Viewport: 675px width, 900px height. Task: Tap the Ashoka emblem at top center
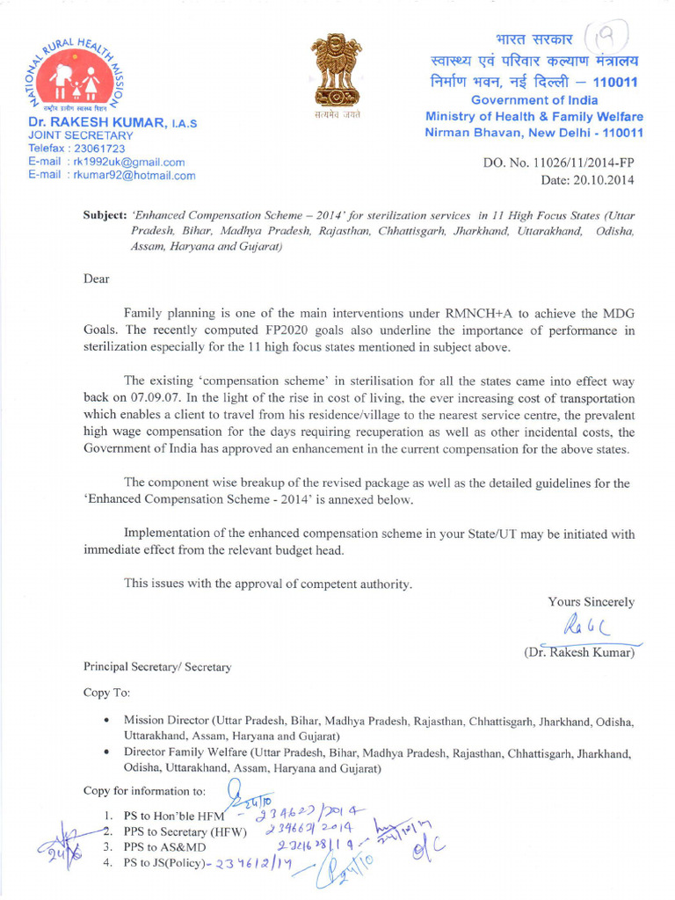pyautogui.click(x=338, y=72)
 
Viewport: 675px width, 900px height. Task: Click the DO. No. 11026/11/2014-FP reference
pyautogui.click(x=558, y=163)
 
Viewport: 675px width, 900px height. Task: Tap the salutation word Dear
pyautogui.click(x=97, y=279)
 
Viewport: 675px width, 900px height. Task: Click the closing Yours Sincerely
pyautogui.click(x=591, y=602)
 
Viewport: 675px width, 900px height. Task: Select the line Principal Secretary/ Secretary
pyautogui.click(x=157, y=666)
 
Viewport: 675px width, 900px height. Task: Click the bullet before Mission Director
pyautogui.click(x=106, y=721)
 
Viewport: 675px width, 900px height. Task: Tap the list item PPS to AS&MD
pyautogui.click(x=164, y=846)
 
